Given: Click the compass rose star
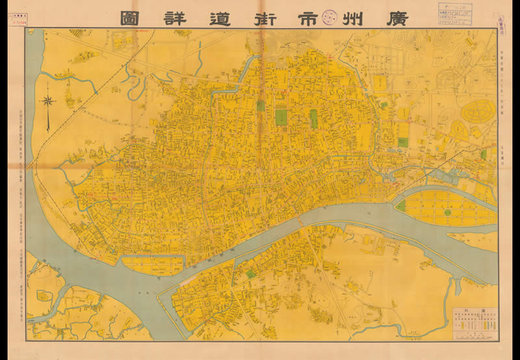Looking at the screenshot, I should click(x=47, y=101).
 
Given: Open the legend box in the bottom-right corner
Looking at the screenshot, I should click(x=474, y=322).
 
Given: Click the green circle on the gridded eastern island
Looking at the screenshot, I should click(x=448, y=212).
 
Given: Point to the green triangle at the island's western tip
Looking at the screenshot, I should click(x=401, y=206).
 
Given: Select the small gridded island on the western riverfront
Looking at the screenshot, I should click(x=153, y=265).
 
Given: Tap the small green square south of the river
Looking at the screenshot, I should click(x=251, y=274).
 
